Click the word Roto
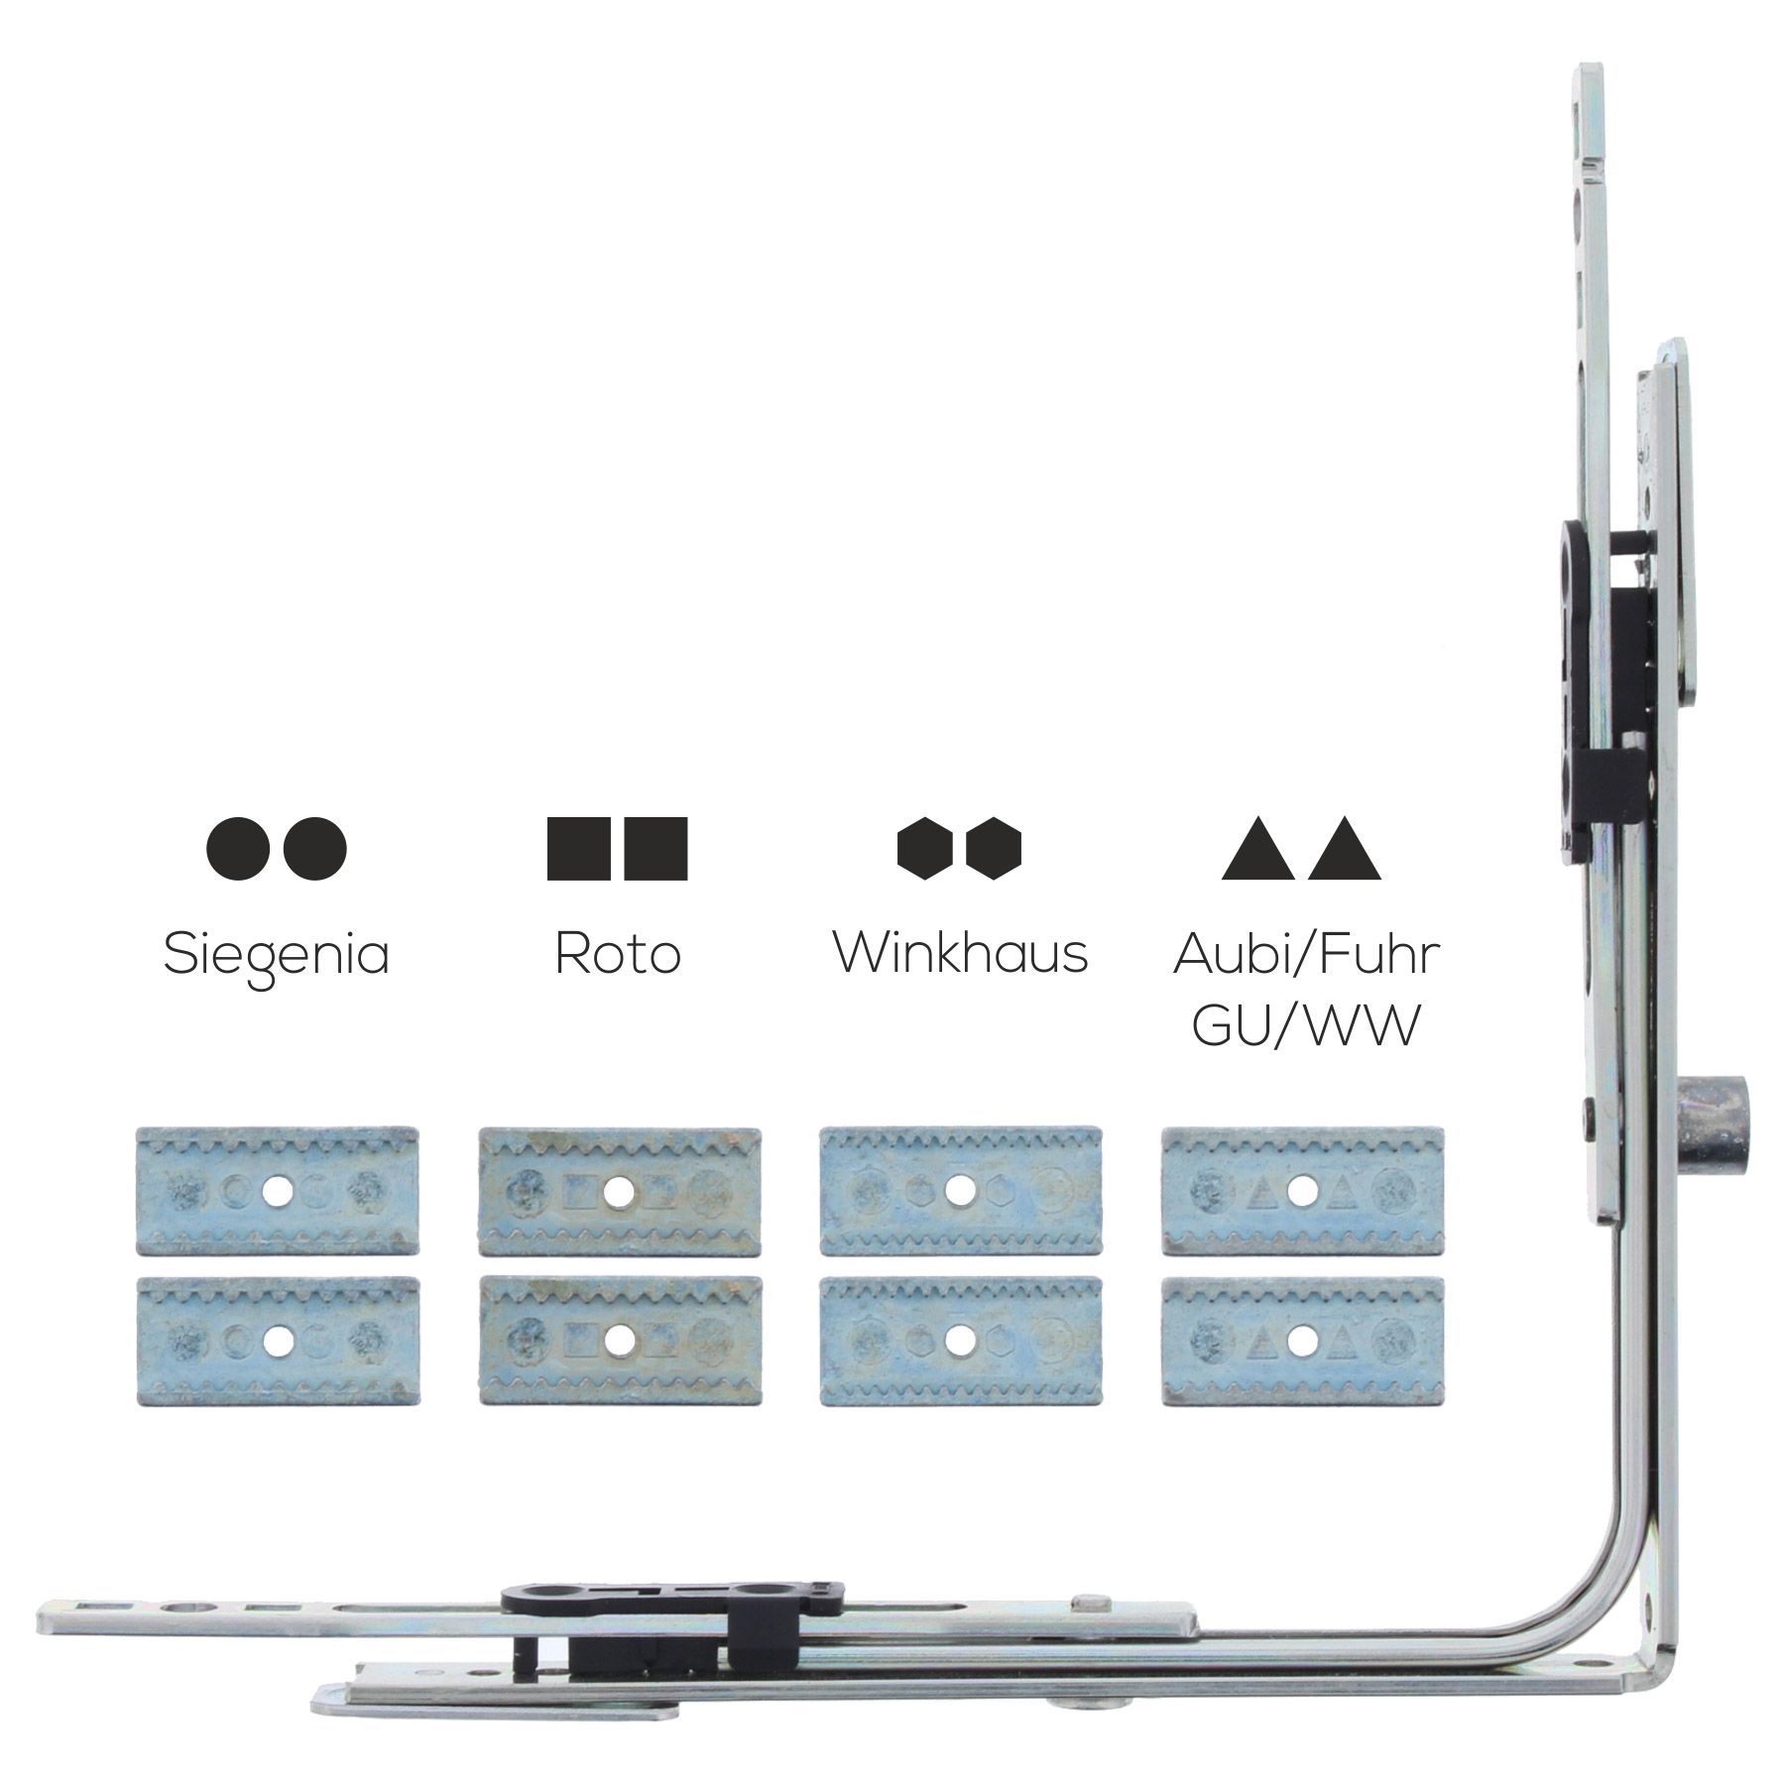tap(618, 953)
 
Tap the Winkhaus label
tap(960, 952)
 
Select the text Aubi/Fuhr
tap(1306, 954)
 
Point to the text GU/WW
tap(1304, 1026)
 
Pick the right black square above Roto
tap(655, 849)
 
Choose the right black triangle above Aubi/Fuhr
tap(1344, 849)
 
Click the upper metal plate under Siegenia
tap(277, 1191)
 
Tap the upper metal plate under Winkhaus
tap(961, 1191)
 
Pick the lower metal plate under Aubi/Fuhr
tap(1303, 1341)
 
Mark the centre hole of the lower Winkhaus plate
tap(960, 1341)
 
